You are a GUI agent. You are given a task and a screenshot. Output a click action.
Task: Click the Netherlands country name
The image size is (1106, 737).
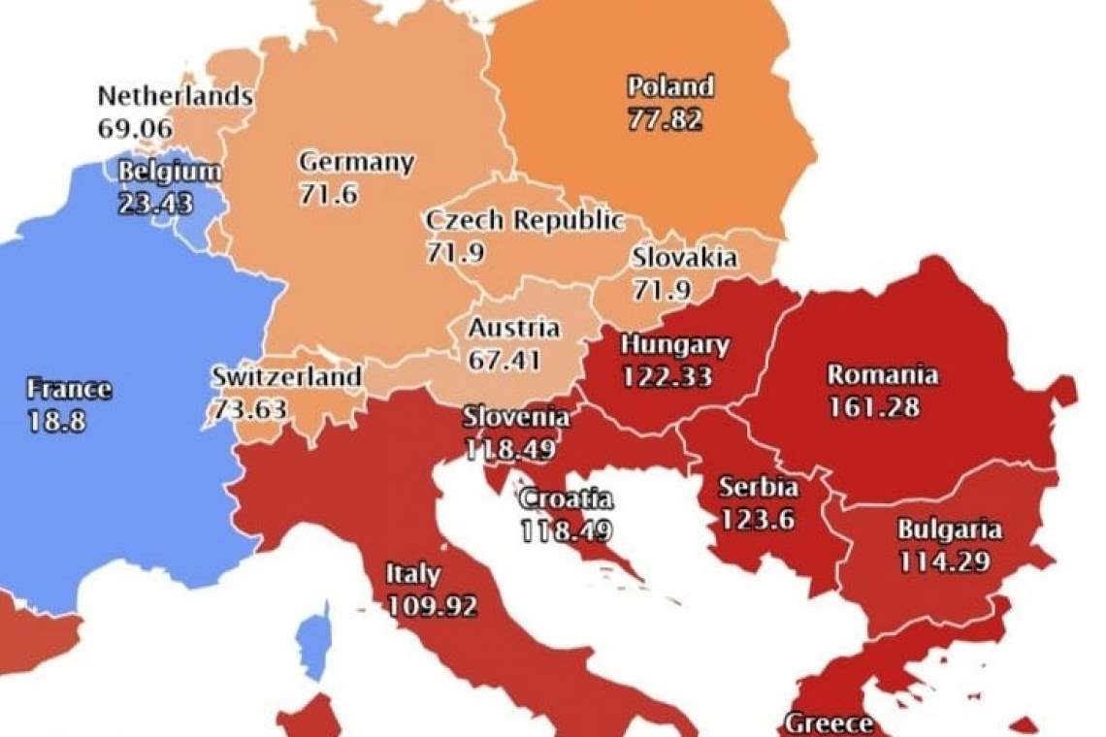[176, 97]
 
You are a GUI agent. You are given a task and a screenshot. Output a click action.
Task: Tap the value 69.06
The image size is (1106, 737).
[135, 128]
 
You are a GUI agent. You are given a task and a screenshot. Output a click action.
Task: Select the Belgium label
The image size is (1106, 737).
[169, 173]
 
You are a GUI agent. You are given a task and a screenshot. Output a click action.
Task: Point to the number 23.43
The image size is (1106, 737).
[155, 204]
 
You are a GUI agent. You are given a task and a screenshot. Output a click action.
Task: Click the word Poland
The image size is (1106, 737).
[669, 87]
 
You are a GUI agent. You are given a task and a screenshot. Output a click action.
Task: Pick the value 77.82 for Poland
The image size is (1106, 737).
[665, 119]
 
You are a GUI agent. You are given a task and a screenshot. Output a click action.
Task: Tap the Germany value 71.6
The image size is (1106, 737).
[328, 194]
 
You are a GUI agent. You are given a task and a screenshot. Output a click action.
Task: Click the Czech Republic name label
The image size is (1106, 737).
[524, 221]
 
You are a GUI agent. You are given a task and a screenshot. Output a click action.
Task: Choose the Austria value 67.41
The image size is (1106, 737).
[504, 359]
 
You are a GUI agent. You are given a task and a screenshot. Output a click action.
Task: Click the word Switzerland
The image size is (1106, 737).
[286, 376]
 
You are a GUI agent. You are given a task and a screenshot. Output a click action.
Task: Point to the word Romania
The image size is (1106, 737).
[882, 374]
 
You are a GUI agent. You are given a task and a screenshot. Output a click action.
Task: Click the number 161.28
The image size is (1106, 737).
[873, 406]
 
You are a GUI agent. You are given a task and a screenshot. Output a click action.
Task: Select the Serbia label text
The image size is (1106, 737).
[758, 487]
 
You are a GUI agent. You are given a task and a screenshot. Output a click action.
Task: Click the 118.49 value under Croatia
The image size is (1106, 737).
[567, 531]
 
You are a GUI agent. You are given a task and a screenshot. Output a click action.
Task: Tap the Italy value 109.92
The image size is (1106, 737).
[432, 606]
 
